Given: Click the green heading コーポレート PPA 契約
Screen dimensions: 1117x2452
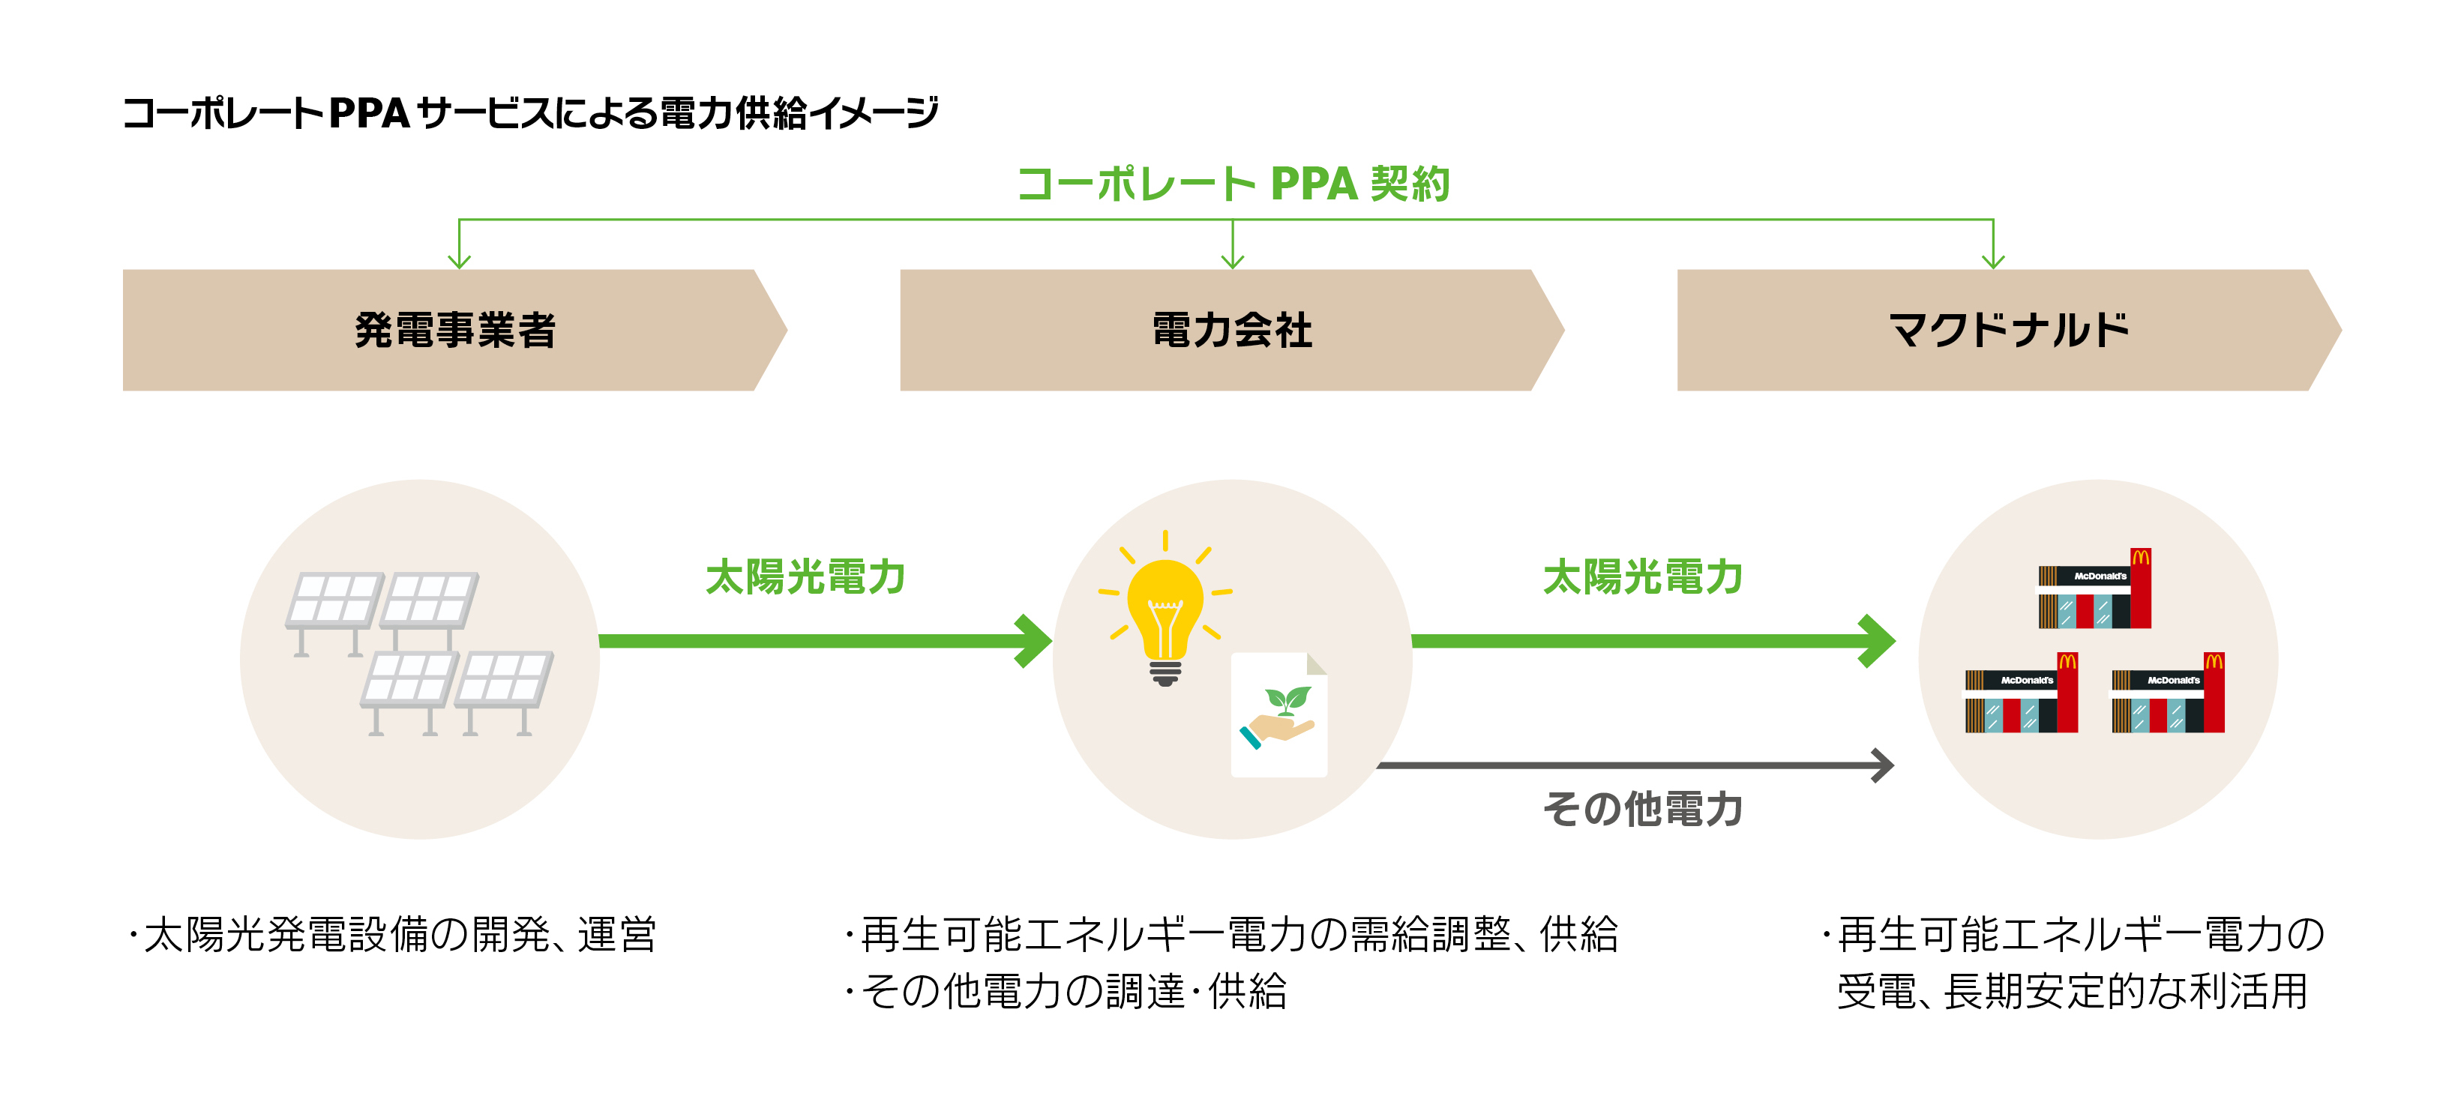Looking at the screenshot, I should (x=1233, y=184).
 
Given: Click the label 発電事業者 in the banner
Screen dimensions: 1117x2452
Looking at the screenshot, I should (x=455, y=330).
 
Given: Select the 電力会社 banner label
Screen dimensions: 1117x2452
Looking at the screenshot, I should (x=1232, y=330).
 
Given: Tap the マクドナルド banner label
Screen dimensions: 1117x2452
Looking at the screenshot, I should (x=2008, y=330).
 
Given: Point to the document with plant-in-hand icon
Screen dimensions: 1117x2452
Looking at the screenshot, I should (x=1278, y=714).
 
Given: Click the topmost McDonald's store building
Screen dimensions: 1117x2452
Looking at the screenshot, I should (x=2094, y=590).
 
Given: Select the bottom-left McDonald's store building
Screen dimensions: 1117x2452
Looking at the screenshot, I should (x=2021, y=694).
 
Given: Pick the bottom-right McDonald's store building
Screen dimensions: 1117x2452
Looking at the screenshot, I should (x=2167, y=694).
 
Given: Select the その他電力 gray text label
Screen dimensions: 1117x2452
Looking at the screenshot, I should (x=1642, y=810).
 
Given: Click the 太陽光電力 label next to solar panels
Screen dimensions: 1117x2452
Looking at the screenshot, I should (x=805, y=577).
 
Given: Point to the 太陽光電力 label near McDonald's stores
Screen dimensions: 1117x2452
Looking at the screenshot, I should (x=1642, y=577).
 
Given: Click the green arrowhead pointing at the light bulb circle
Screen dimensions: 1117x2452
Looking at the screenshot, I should (x=1033, y=641).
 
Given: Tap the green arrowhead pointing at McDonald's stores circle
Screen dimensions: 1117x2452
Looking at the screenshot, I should (x=1875, y=641).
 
